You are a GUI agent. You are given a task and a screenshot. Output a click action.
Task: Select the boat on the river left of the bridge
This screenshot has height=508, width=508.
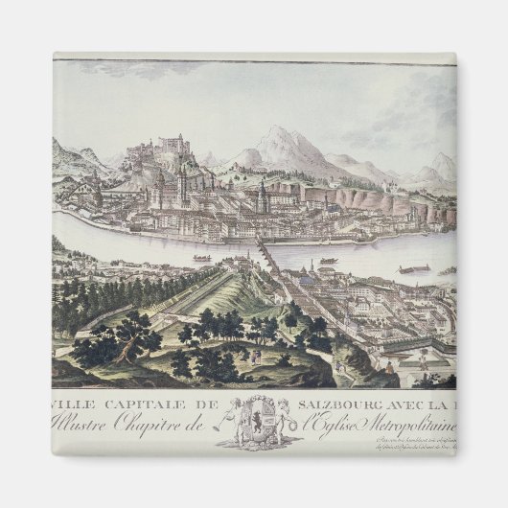click(x=201, y=258)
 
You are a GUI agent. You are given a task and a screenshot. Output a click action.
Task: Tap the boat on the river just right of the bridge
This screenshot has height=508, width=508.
click(x=328, y=260)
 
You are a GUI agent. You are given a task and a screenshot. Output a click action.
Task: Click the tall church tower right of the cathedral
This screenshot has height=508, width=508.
click(x=262, y=196)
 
